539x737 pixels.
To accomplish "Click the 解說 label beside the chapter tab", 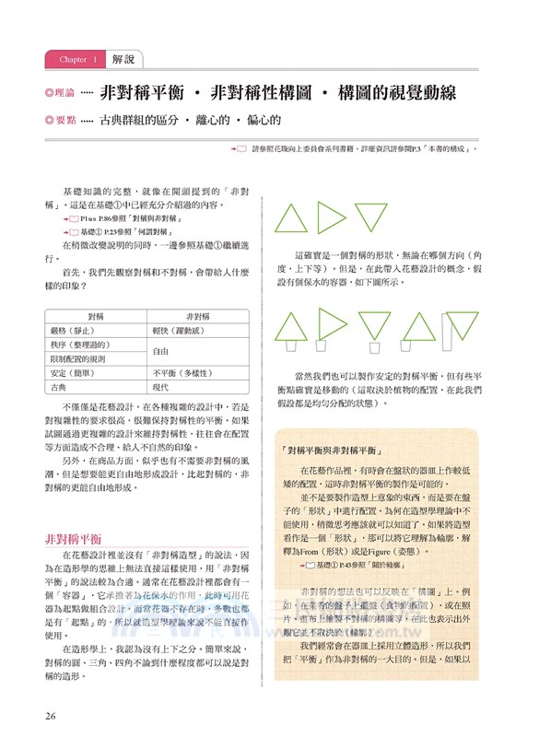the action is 123,60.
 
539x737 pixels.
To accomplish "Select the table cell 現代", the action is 162,391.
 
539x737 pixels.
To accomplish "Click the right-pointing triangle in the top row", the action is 332,219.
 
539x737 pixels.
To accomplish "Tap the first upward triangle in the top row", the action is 292,219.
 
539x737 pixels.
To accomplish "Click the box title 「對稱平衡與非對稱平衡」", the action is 334,452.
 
